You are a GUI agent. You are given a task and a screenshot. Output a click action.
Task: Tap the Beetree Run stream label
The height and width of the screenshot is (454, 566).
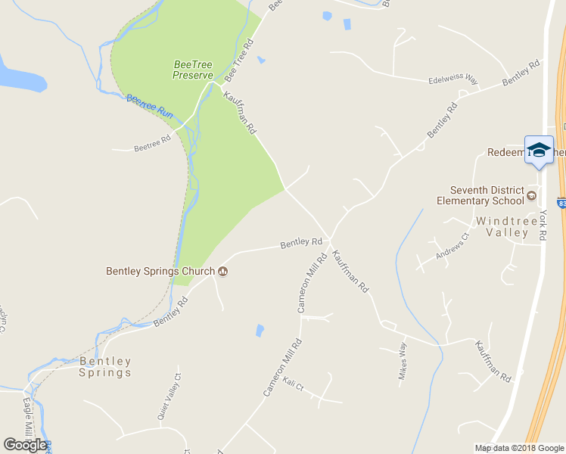149,107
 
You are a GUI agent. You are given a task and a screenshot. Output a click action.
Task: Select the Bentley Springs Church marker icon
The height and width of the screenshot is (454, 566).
223,271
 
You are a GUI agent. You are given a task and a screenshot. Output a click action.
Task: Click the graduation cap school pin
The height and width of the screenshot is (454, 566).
539,150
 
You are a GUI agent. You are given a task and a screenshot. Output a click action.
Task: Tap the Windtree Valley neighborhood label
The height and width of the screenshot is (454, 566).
502,227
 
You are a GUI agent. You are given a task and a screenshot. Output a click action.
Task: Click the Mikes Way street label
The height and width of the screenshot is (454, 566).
403,365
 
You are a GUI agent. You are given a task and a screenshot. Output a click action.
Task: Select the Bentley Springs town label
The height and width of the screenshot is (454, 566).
105,367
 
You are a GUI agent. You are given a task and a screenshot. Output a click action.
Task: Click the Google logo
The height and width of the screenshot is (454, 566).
25,445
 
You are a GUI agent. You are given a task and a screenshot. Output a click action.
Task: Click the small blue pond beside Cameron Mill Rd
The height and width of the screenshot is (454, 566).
260,331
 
